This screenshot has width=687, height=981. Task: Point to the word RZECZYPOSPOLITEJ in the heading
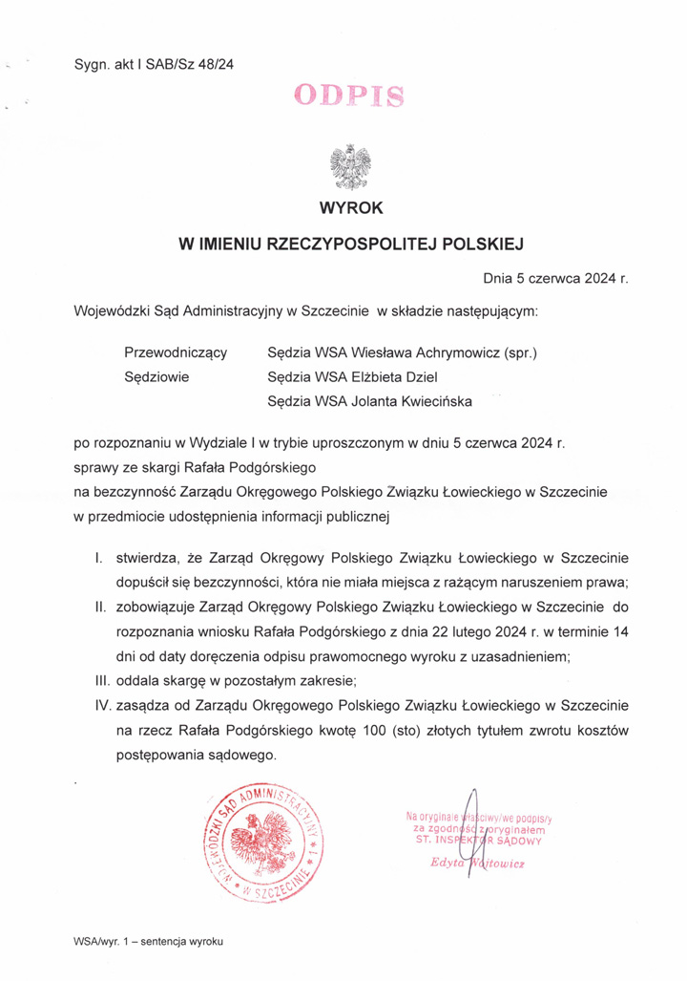pos(355,245)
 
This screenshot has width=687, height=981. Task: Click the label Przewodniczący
pos(176,352)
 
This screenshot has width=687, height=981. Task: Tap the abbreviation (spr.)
pos(521,352)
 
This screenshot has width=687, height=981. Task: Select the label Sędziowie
pos(157,377)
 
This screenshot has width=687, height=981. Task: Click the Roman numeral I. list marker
pos(100,557)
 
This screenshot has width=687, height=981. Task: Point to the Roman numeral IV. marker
pos(96,705)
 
